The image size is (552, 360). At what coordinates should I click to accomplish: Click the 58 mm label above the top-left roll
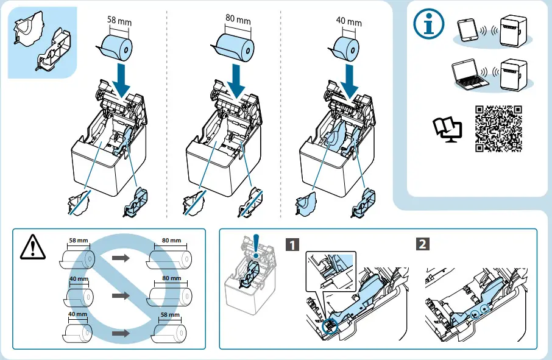click(119, 21)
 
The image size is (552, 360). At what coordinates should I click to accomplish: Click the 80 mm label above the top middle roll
click(238, 19)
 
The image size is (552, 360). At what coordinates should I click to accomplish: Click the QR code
click(499, 129)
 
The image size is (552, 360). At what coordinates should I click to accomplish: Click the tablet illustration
click(467, 30)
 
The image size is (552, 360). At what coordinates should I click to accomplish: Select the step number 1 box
click(293, 245)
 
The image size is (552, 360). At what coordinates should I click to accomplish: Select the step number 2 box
click(421, 245)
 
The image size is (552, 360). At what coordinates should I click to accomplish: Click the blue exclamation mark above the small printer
click(257, 244)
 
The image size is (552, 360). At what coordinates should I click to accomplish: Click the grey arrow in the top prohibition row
click(122, 258)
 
